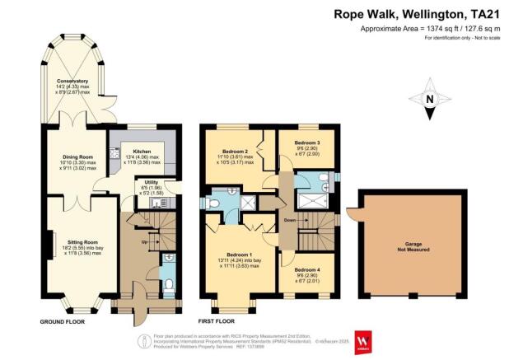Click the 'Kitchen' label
[135, 152]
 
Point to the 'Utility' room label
[152, 182]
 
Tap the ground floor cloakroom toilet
[167, 285]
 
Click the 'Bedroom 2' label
[236, 152]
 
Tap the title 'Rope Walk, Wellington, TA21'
[417, 13]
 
